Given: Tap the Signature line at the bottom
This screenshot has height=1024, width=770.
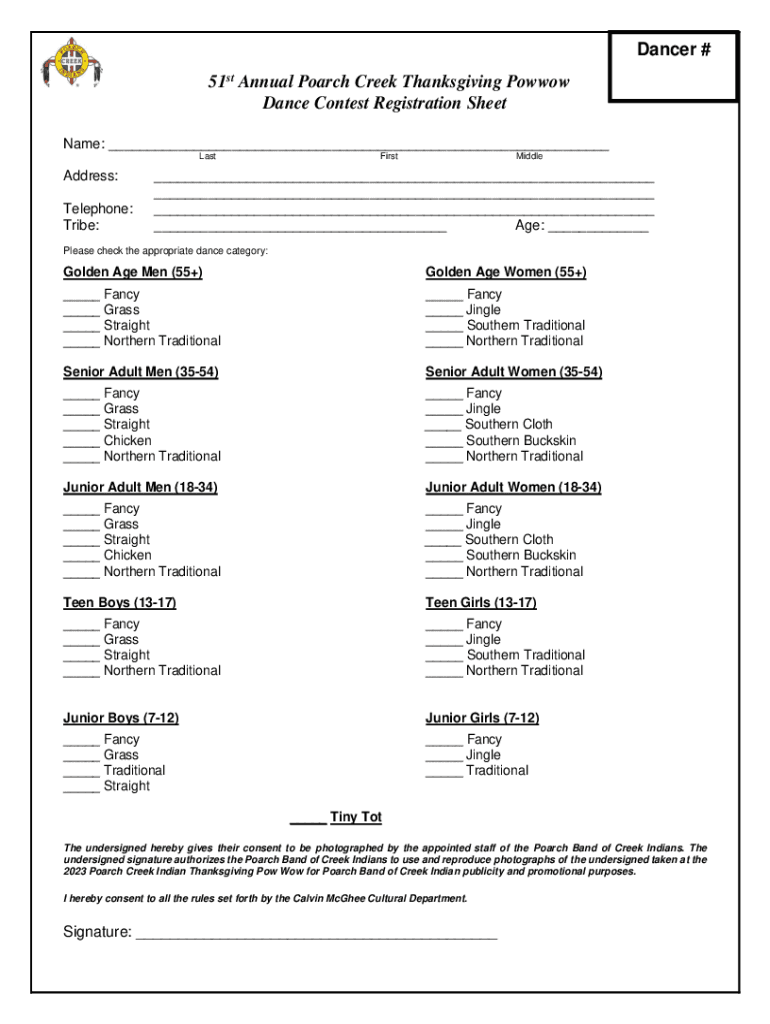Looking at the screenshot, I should tap(315, 937).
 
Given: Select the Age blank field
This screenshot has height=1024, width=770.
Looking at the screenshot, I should tap(598, 229).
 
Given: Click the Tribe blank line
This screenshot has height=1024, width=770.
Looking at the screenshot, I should tap(299, 229).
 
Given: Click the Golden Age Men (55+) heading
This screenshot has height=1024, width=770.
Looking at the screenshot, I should tap(133, 273).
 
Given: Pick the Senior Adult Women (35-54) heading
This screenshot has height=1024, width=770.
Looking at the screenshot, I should tap(513, 372).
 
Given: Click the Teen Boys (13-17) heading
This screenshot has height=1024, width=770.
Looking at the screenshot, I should tap(120, 603).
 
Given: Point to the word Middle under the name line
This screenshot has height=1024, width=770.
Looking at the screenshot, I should tap(529, 157).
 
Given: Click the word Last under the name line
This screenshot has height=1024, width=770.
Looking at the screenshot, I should tap(207, 157).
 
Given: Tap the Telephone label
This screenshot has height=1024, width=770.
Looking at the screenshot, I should tap(98, 209).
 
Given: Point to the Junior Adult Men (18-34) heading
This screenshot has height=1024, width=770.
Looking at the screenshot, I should tap(141, 488).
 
